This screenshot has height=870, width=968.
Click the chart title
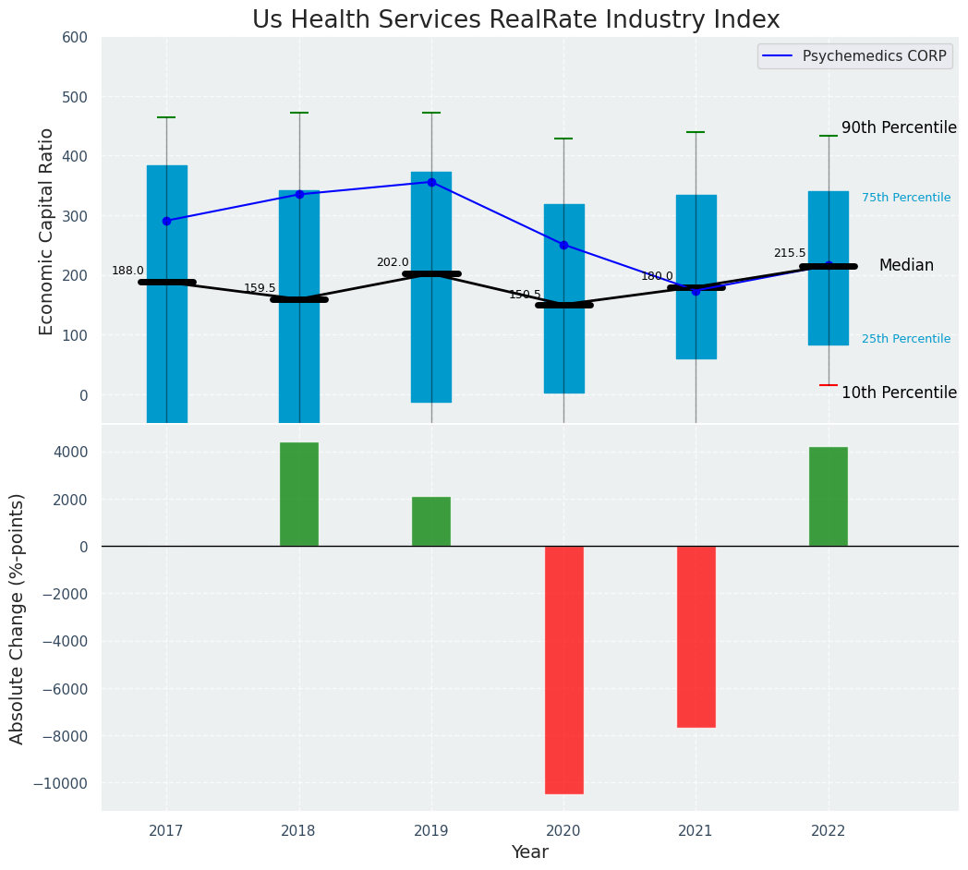515,20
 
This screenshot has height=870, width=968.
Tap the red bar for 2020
563,670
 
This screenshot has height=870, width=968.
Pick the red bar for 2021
696,636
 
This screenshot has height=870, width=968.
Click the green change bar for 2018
299,494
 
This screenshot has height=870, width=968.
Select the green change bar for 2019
431,522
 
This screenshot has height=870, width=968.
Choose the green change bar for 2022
829,497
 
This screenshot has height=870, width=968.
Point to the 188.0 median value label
127,271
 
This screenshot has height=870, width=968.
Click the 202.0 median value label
393,262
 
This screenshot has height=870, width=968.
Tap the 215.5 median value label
790,253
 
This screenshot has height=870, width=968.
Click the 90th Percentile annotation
899,128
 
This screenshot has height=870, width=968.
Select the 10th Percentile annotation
899,393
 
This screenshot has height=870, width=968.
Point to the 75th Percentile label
906,198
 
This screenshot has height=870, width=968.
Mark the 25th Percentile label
906,339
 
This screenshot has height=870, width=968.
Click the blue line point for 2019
431,182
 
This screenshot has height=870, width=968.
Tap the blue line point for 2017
166,221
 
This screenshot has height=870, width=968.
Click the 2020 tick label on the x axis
563,831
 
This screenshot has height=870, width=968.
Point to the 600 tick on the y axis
75,38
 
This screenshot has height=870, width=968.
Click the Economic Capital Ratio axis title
47,231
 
